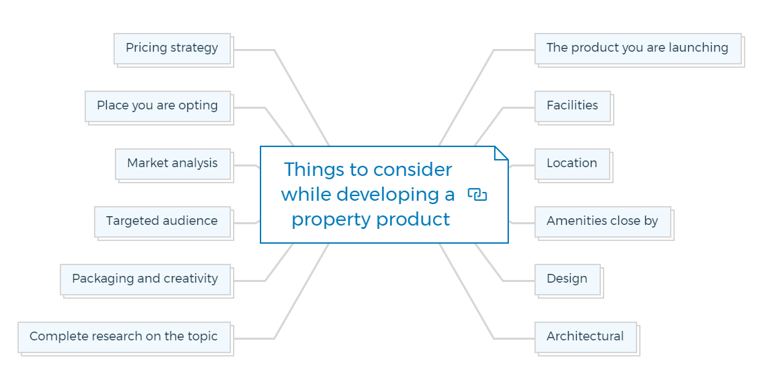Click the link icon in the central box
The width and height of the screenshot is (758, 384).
click(x=477, y=195)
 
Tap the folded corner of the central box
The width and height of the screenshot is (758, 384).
click(x=502, y=153)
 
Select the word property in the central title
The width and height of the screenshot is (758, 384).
click(x=332, y=221)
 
